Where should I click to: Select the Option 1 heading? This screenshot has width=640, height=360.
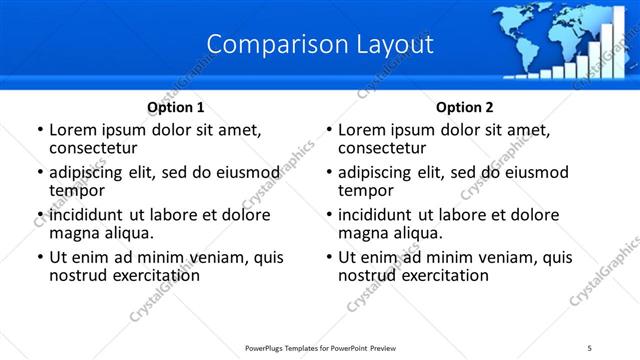(176, 107)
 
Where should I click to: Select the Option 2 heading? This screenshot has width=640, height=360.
(465, 107)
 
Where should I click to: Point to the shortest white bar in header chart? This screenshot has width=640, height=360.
(509, 75)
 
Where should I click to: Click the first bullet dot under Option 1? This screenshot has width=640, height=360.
(40, 130)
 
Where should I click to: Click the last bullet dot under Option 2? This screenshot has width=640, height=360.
(329, 258)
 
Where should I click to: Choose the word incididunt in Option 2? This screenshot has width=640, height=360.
(378, 215)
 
